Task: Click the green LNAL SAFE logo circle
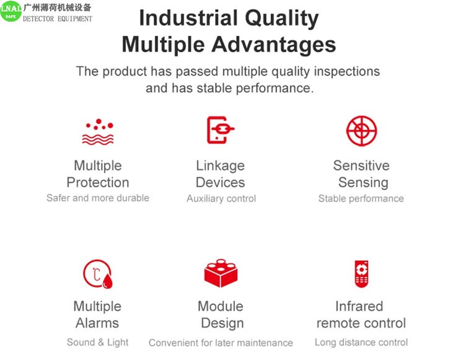click(11, 11)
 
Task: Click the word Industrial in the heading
click(188, 18)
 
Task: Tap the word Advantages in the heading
click(274, 45)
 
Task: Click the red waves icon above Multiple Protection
click(98, 132)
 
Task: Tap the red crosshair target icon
click(361, 131)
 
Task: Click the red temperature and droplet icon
click(98, 274)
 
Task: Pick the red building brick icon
click(221, 273)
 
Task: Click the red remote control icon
click(361, 274)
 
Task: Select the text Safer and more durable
click(98, 198)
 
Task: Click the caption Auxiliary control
click(221, 198)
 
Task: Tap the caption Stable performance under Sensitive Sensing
click(361, 198)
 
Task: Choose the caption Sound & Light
click(97, 342)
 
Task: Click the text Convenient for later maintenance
click(221, 343)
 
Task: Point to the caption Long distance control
click(361, 342)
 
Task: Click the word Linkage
click(220, 166)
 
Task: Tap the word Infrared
click(359, 306)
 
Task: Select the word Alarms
click(97, 323)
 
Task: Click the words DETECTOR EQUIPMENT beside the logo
click(58, 19)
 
